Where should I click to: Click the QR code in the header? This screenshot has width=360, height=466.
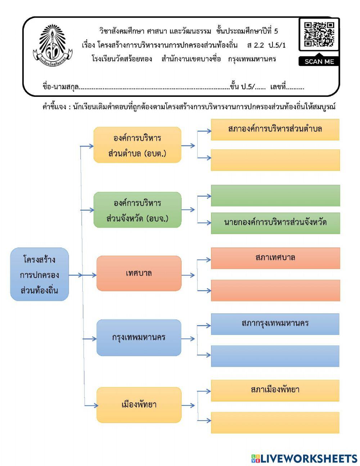319,35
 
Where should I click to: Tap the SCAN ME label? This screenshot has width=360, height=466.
319,62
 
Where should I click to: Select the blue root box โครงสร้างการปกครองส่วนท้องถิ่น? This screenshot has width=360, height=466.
39,274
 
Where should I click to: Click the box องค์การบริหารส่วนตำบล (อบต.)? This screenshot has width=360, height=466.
137,145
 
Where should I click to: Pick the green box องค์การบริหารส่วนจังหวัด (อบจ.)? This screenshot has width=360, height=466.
137,210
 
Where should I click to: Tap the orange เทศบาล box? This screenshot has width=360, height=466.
139,273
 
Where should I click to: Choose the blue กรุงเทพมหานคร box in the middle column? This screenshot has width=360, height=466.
139,338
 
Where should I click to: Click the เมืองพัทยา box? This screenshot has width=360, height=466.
139,405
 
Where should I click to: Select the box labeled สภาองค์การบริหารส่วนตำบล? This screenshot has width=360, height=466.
275,130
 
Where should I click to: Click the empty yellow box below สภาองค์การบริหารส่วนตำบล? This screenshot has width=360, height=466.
275,160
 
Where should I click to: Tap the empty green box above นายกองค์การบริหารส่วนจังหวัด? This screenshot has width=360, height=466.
275,196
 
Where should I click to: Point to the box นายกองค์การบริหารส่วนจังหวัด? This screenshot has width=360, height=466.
275,223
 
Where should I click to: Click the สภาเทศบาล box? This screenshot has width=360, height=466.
275,258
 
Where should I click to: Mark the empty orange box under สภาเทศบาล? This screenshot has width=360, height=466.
275,291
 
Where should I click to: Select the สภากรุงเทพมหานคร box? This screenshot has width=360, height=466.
275,324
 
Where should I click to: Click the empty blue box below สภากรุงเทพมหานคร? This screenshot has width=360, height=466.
275,356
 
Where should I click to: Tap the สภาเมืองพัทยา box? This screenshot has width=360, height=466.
275,390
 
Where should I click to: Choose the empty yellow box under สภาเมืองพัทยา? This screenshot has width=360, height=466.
275,423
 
